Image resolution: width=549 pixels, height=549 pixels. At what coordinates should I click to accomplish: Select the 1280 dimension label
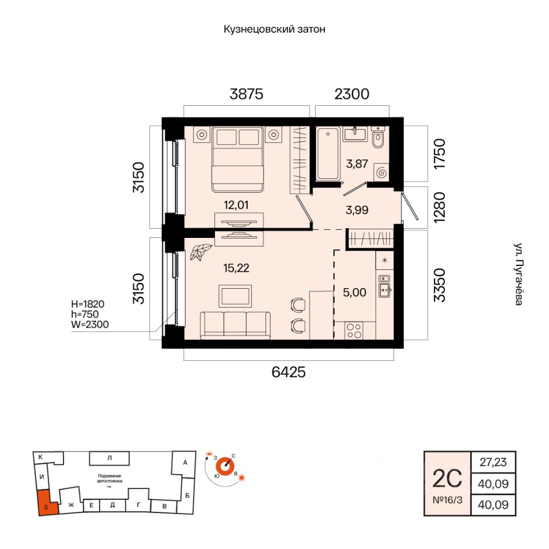click(x=438, y=208)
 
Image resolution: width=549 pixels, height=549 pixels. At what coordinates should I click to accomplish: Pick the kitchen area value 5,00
click(x=355, y=292)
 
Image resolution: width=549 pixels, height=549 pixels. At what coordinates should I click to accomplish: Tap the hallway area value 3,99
click(x=357, y=209)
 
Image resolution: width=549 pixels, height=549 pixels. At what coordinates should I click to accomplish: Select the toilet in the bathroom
click(x=378, y=138)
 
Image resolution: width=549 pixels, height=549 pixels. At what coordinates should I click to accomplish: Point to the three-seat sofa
click(x=234, y=325)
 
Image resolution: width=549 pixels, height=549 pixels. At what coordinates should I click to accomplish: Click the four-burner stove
click(x=355, y=331)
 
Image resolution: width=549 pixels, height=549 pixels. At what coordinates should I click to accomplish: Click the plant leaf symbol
click(x=201, y=252)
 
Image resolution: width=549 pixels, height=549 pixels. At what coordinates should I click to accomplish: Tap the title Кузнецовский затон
click(x=274, y=29)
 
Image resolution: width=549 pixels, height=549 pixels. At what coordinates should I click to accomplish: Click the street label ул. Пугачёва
click(x=518, y=274)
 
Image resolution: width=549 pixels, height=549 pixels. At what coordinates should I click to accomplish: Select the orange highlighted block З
click(x=45, y=503)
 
